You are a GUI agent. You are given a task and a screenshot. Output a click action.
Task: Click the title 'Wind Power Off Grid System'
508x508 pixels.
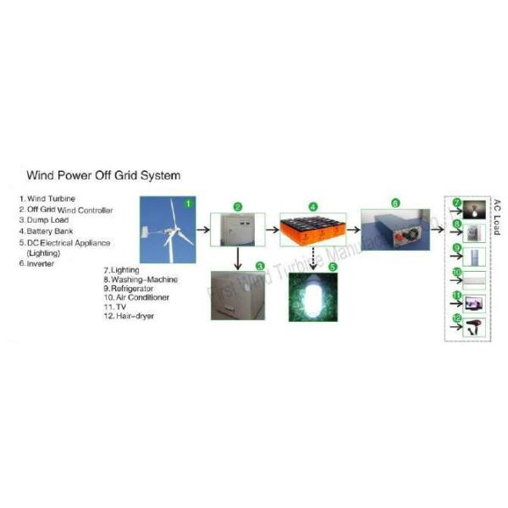tap(103, 176)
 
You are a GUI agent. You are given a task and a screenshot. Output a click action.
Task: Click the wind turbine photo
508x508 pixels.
tap(168, 230)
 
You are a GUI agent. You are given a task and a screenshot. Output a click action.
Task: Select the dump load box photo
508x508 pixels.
tap(237, 293)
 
